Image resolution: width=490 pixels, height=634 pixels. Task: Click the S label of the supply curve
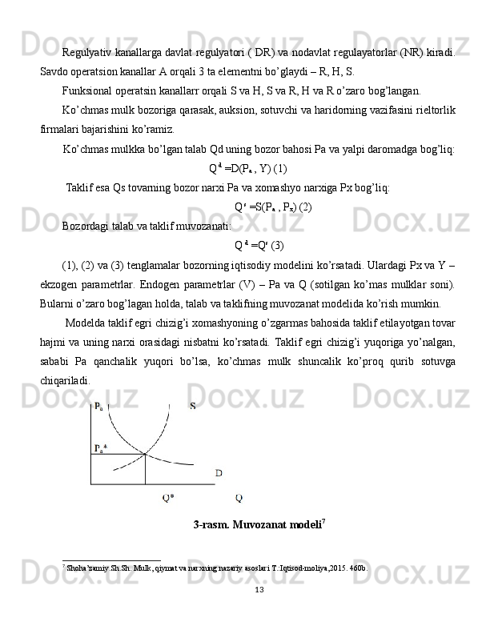click(x=193, y=406)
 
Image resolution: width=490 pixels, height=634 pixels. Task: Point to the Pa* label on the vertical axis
click(x=100, y=448)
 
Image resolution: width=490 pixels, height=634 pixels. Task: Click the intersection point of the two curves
click(x=145, y=455)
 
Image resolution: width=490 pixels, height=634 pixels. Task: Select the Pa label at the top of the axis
click(x=98, y=406)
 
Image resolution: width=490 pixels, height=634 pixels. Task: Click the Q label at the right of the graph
click(x=239, y=498)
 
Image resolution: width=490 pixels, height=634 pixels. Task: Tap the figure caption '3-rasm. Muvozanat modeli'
click(x=259, y=525)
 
